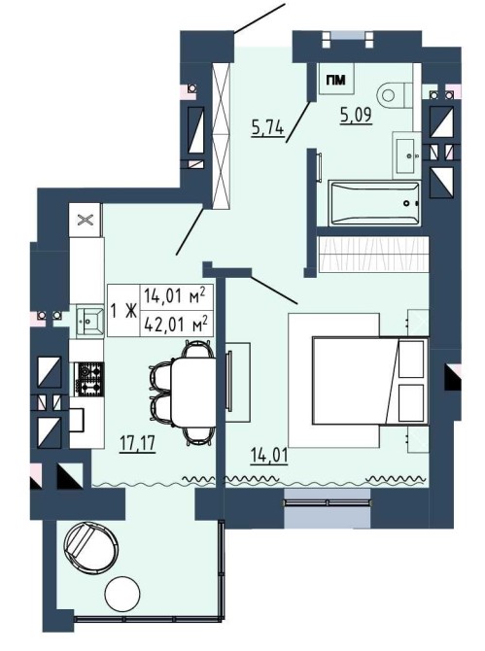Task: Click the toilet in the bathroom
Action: click(x=395, y=95)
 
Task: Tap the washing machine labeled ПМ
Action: click(x=335, y=79)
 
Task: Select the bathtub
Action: click(x=374, y=203)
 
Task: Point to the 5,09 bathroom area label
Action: click(x=356, y=115)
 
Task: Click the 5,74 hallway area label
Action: click(x=267, y=127)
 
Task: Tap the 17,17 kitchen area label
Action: click(x=137, y=443)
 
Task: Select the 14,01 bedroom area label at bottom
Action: click(x=269, y=456)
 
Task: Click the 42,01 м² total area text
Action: click(x=176, y=325)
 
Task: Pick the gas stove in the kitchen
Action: click(x=88, y=379)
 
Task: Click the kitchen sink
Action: click(x=89, y=320)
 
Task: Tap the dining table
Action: click(x=193, y=392)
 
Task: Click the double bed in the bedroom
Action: click(x=370, y=381)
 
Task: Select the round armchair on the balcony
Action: click(x=90, y=545)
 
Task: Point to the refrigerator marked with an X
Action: click(x=86, y=220)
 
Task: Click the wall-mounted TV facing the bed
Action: click(x=228, y=381)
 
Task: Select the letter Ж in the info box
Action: click(x=130, y=311)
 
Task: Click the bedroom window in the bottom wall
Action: click(x=327, y=507)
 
